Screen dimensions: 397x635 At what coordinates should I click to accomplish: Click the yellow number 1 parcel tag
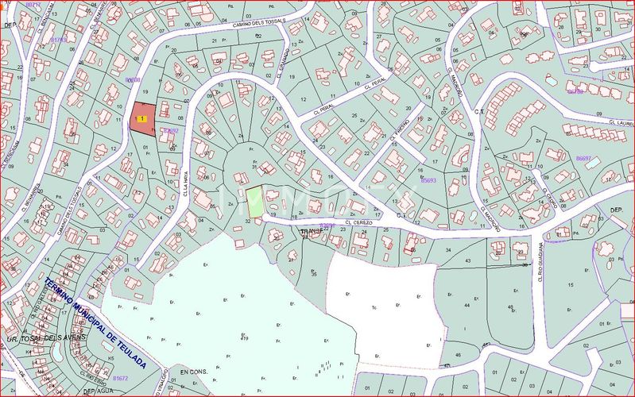pyautogui.click(x=141, y=118)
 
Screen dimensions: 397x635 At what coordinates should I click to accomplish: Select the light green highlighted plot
pyautogui.click(x=254, y=200)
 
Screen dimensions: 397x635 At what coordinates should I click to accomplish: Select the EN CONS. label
pyautogui.click(x=193, y=372)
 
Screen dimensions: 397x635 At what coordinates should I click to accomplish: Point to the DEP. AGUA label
pyautogui.click(x=99, y=391)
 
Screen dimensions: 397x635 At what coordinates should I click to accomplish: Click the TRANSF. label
pyautogui.click(x=312, y=231)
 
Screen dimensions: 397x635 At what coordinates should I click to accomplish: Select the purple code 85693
pyautogui.click(x=428, y=180)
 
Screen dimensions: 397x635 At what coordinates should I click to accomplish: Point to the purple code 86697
pyautogui.click(x=583, y=158)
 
